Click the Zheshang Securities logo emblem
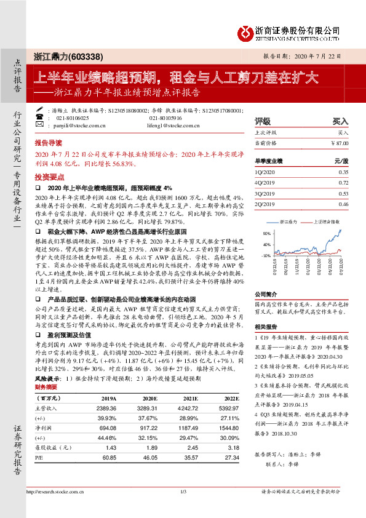[x=246, y=31]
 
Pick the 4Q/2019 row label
[x=264, y=183]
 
